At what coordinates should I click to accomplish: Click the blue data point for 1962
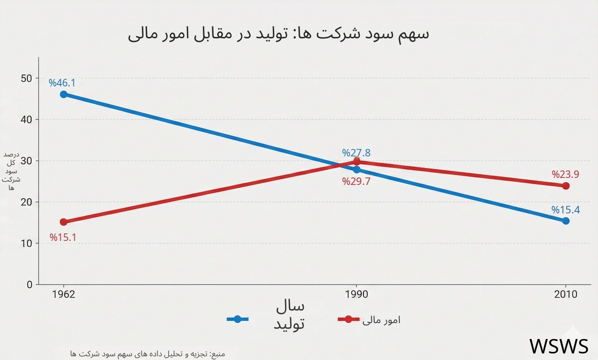[x=64, y=94]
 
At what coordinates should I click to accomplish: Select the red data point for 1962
[x=64, y=222]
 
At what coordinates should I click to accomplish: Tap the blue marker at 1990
[x=357, y=169]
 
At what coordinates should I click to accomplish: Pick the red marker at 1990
[x=357, y=162]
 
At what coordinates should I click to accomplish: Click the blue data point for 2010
[x=566, y=221]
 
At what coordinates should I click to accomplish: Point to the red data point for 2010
[x=566, y=186]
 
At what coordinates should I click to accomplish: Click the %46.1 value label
[x=62, y=83]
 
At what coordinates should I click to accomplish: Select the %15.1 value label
[x=63, y=237]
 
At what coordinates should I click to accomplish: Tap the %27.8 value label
[x=356, y=153]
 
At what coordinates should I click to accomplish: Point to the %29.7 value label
[x=356, y=182]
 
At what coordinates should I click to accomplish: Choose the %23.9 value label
[x=565, y=175]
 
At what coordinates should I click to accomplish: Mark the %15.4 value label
[x=565, y=210]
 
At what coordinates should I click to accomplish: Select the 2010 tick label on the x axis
[x=566, y=295]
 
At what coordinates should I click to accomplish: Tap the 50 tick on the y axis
[x=27, y=78]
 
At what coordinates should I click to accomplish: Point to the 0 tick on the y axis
[x=30, y=284]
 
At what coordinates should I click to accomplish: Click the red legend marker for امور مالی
[x=348, y=319]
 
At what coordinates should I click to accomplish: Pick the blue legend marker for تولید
[x=237, y=319]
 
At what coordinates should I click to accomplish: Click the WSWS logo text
[x=559, y=346]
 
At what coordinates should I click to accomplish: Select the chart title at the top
[x=278, y=34]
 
